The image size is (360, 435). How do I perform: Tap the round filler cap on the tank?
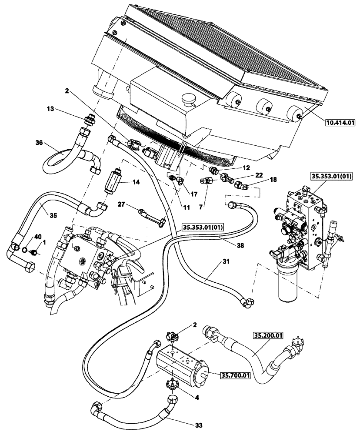(x=190, y=100)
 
